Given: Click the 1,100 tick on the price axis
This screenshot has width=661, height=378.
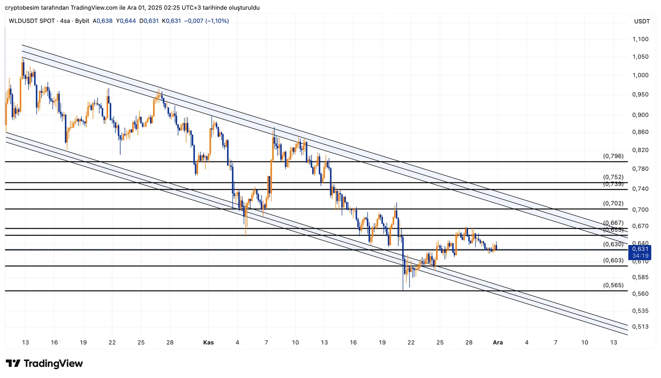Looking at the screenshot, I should (x=640, y=39).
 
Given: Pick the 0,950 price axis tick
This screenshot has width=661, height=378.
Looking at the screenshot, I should (x=640, y=94).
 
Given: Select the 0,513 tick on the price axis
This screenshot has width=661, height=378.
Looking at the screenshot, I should (x=640, y=326).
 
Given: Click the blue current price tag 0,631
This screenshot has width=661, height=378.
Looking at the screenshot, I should (x=640, y=249).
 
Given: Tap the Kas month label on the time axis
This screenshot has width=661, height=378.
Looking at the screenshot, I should (x=209, y=343).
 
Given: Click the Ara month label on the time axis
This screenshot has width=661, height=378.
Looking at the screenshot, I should (x=498, y=343).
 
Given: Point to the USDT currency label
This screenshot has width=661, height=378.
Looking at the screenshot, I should (x=642, y=21).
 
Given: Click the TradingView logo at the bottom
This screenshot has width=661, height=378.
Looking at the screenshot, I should (x=44, y=364).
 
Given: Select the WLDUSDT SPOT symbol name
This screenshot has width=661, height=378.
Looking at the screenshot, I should (x=32, y=21).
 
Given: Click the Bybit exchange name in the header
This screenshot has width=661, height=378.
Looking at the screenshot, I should (x=82, y=21).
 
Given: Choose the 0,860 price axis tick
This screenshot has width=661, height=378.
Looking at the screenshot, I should (x=640, y=132).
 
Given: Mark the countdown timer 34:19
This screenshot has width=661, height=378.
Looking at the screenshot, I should (x=640, y=256).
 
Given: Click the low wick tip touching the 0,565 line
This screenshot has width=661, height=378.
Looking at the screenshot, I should (x=403, y=290).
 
